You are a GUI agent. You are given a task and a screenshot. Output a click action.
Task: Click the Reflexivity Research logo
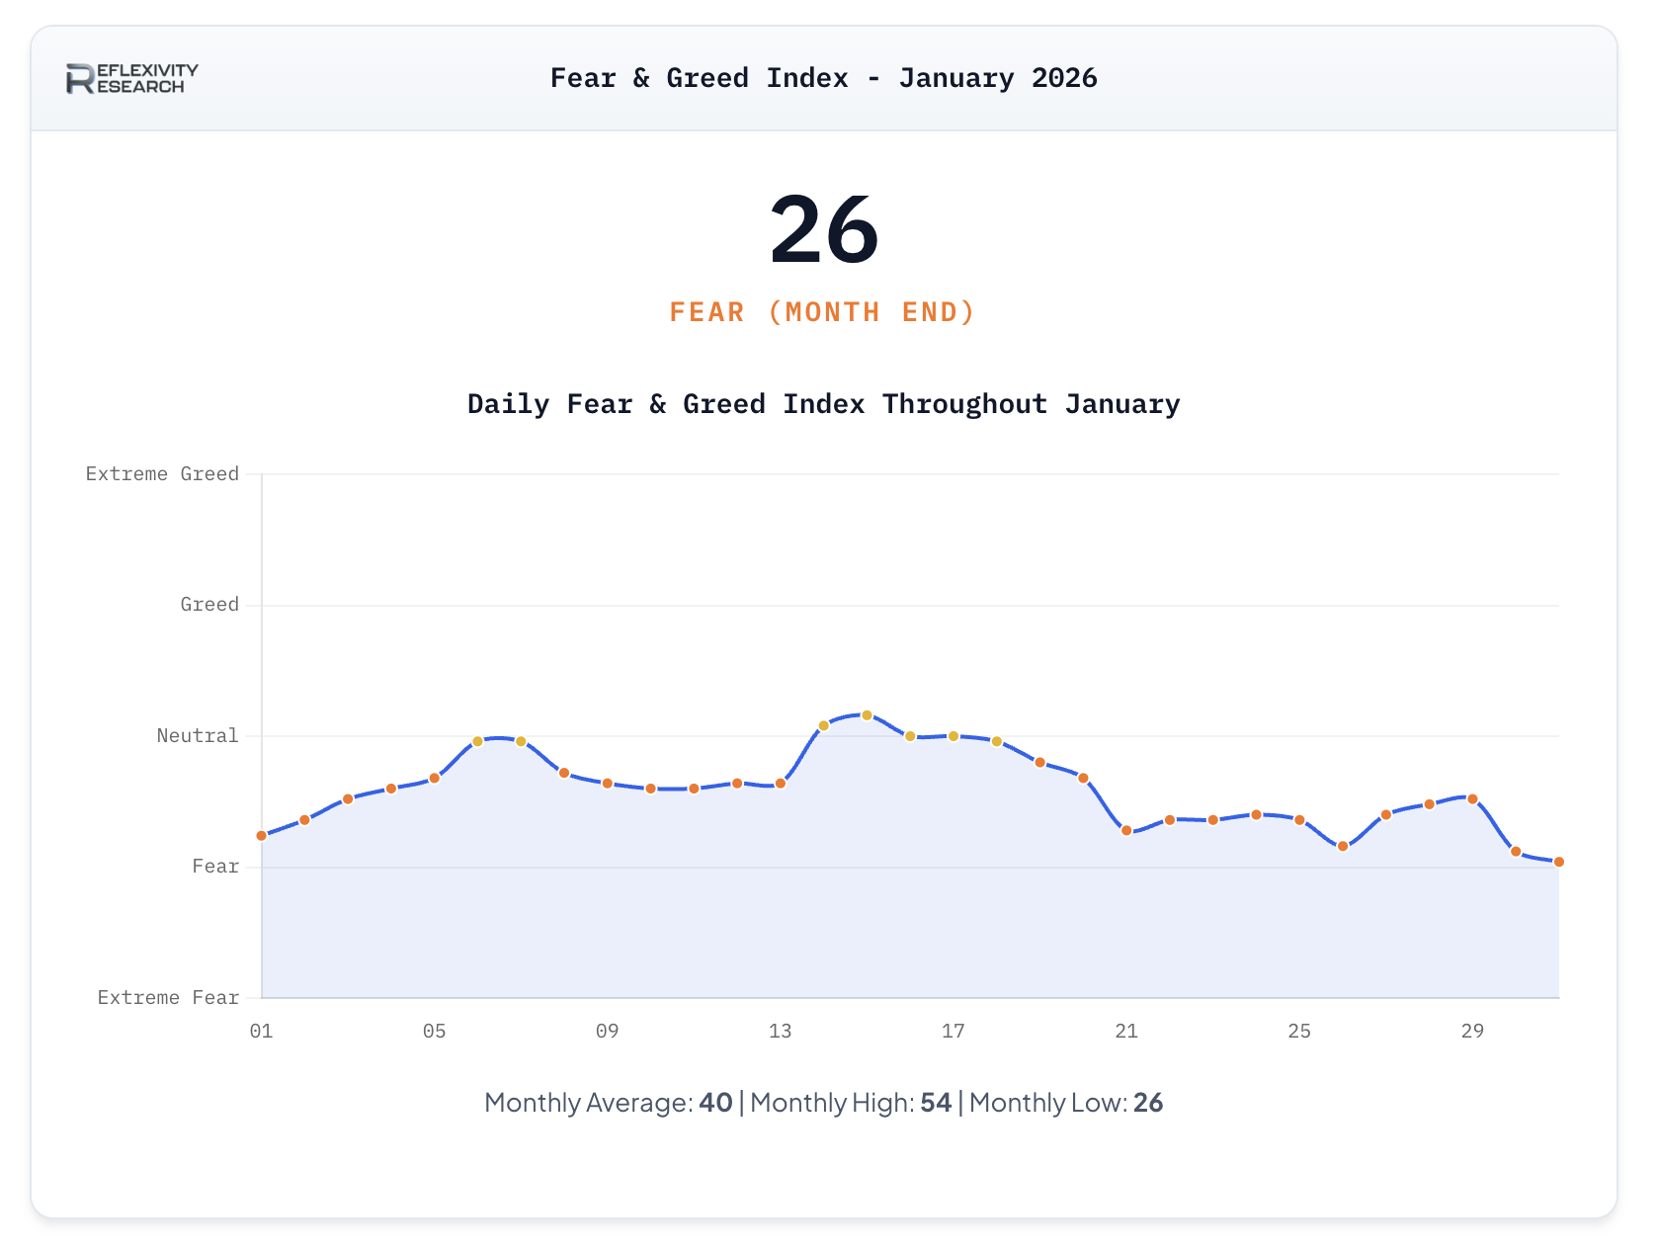[132, 78]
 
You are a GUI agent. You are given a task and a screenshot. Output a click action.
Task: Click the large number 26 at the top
[824, 230]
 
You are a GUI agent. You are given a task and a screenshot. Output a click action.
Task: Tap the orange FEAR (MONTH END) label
[822, 312]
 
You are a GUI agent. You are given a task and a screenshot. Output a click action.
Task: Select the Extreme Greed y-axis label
[162, 474]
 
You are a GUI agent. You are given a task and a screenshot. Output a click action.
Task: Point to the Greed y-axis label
[209, 605]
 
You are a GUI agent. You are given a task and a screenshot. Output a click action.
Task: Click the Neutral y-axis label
[198, 735]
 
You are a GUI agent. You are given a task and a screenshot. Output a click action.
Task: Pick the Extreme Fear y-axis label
[168, 998]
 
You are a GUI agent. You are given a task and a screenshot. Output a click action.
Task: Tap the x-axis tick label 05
[434, 1032]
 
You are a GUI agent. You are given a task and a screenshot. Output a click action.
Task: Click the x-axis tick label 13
[780, 1032]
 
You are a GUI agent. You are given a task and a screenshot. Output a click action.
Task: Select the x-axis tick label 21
[1126, 1032]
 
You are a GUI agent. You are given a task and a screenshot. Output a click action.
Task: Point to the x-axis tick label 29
[1472, 1032]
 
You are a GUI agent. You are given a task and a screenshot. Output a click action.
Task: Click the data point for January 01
[262, 836]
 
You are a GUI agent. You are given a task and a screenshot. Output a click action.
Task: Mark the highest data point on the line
[867, 715]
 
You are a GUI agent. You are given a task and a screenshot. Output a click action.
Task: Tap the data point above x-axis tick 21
[1126, 831]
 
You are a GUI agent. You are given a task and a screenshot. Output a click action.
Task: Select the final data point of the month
[1559, 863]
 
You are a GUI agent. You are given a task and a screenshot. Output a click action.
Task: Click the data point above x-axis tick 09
[608, 784]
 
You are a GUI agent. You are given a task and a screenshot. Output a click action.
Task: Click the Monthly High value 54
[936, 1103]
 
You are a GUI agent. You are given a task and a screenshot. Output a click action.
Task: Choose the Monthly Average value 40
[715, 1103]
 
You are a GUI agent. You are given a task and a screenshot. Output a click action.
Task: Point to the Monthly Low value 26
[1148, 1103]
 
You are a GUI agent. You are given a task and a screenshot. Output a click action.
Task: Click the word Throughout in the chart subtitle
[964, 404]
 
